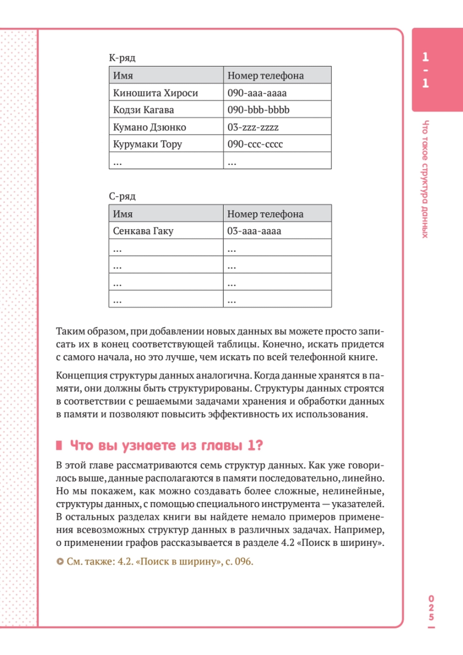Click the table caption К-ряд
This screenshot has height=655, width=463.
(122, 58)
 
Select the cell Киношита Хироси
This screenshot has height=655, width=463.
(155, 93)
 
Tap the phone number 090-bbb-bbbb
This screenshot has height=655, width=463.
(258, 110)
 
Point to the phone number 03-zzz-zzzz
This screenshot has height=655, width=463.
(253, 127)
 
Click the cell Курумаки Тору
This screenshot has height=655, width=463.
(147, 144)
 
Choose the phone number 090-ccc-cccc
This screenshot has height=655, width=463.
(255, 144)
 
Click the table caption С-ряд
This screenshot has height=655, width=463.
(122, 196)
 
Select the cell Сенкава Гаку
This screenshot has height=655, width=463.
(143, 231)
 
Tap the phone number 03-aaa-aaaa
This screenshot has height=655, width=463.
(254, 231)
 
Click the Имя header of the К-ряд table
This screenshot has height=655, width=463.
(123, 76)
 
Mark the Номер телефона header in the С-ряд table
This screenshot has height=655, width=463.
(265, 214)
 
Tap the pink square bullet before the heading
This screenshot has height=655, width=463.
(59, 445)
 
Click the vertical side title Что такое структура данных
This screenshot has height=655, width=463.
(425, 179)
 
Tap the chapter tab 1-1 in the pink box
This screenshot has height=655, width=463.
(425, 70)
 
